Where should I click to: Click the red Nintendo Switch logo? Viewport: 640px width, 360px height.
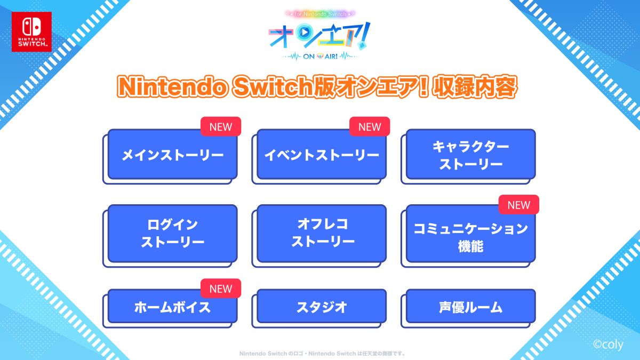coord(31,31)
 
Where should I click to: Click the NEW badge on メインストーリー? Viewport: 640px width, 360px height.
coord(221,126)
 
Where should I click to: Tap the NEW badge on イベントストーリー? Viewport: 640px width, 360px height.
coord(370,126)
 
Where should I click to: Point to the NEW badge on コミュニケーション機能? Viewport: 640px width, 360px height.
coord(519,205)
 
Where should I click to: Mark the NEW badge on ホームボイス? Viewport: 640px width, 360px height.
coord(221,289)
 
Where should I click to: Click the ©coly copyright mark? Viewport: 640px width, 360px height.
coord(608,345)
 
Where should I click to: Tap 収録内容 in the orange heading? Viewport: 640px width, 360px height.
coord(474,87)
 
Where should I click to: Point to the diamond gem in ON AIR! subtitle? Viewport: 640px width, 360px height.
coord(320,57)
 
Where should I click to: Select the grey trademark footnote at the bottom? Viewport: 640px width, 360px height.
coord(322,354)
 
